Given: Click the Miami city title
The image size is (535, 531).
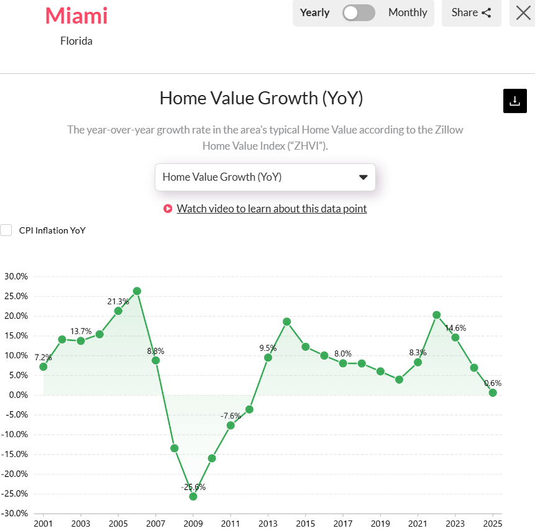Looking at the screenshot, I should pos(76,16).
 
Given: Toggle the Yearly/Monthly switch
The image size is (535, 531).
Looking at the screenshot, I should pos(359,12).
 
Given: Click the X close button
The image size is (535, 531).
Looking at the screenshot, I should pos(523,12).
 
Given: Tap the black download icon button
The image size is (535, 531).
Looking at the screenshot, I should pos(514,101).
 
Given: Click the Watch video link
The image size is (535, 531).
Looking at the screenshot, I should pos(272,209).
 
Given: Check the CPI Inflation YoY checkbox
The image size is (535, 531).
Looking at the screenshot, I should pos(6,230).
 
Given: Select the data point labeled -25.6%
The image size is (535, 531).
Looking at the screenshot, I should pos(193,496).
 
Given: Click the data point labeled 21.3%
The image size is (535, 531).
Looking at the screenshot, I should pos(118,311).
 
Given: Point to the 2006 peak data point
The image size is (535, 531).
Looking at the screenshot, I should pos(137,291).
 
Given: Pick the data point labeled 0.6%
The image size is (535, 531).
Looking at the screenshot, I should pos(493,393).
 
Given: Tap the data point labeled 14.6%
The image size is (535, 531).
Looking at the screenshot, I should pos(455,337).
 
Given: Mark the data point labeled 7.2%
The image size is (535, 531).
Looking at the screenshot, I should pos(43,366).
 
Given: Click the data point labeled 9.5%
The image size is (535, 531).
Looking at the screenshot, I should pos(268,357).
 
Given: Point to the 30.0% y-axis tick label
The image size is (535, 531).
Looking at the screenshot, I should pos(16,276).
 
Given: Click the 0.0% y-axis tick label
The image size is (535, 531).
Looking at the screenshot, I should pos(17,395).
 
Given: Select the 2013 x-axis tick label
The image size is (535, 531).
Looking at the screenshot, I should pos(268,523).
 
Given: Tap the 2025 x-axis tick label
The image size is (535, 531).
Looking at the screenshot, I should pos(492,523).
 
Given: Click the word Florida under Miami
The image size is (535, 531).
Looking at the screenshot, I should pos(76,42).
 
